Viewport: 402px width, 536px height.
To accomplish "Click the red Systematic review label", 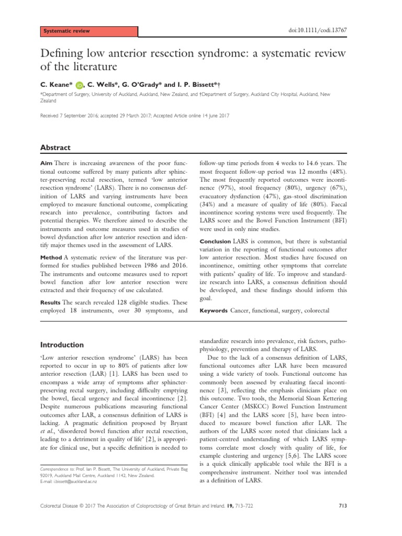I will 66,31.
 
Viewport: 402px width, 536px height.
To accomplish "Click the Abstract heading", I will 55,133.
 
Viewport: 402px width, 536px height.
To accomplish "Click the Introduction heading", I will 63,345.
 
